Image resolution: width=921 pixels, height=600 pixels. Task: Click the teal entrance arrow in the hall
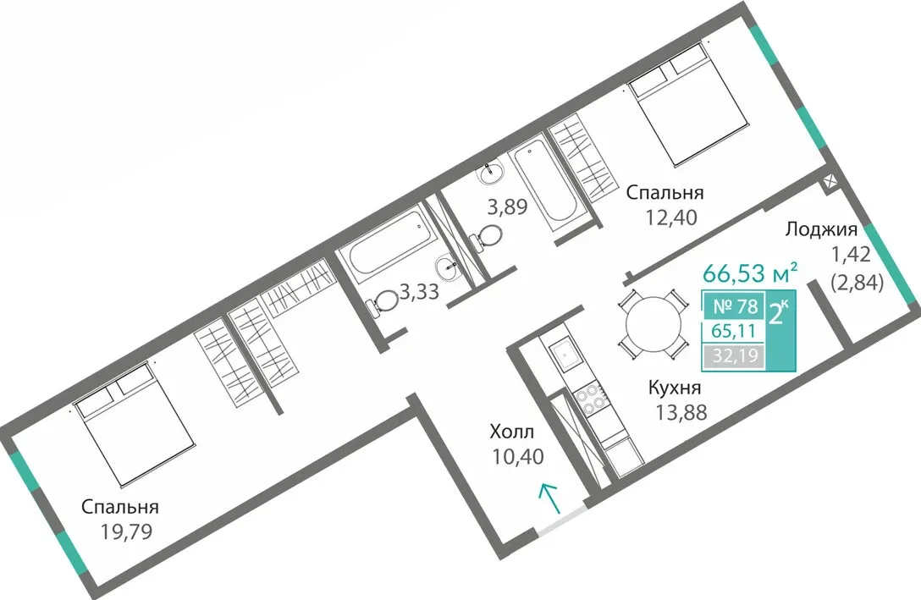coord(549,498)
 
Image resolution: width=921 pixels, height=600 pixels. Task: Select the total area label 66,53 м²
coord(750,273)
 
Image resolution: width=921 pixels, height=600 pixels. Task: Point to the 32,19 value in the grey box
coord(734,355)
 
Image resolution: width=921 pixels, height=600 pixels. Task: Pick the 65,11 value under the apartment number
coord(734,331)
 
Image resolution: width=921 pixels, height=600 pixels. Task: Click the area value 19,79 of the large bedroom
coord(126,531)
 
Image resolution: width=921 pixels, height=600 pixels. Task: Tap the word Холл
coord(512,432)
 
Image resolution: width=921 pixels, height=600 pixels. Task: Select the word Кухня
coord(675,388)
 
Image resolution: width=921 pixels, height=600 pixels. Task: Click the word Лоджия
coord(821,229)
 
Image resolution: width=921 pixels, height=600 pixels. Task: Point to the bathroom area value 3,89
coord(508,206)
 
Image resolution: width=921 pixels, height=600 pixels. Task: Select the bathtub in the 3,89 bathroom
coord(544,179)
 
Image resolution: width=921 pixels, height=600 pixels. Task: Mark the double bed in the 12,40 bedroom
coord(688,104)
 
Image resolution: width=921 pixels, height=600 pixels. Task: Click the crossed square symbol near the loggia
coord(830,181)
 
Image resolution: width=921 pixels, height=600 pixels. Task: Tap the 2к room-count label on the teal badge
coord(779,314)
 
